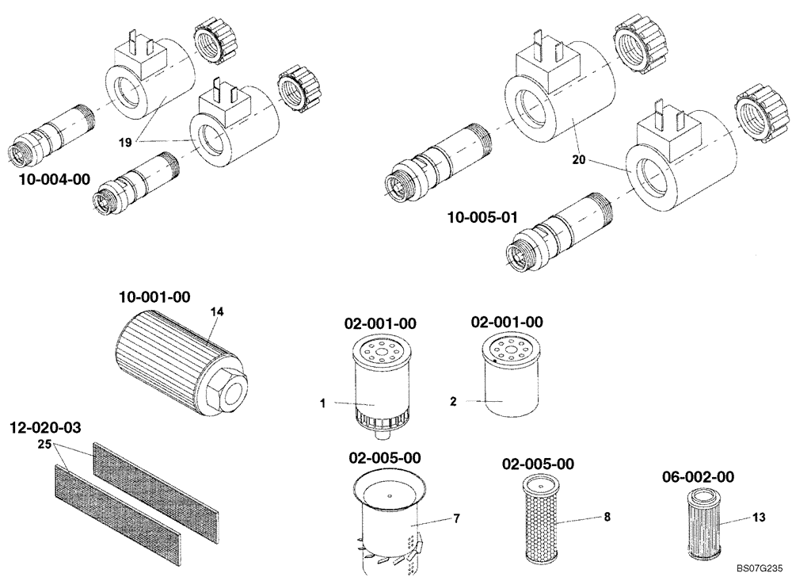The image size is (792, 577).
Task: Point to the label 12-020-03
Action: pos(47,428)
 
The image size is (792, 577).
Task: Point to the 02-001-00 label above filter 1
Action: pos(380,323)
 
